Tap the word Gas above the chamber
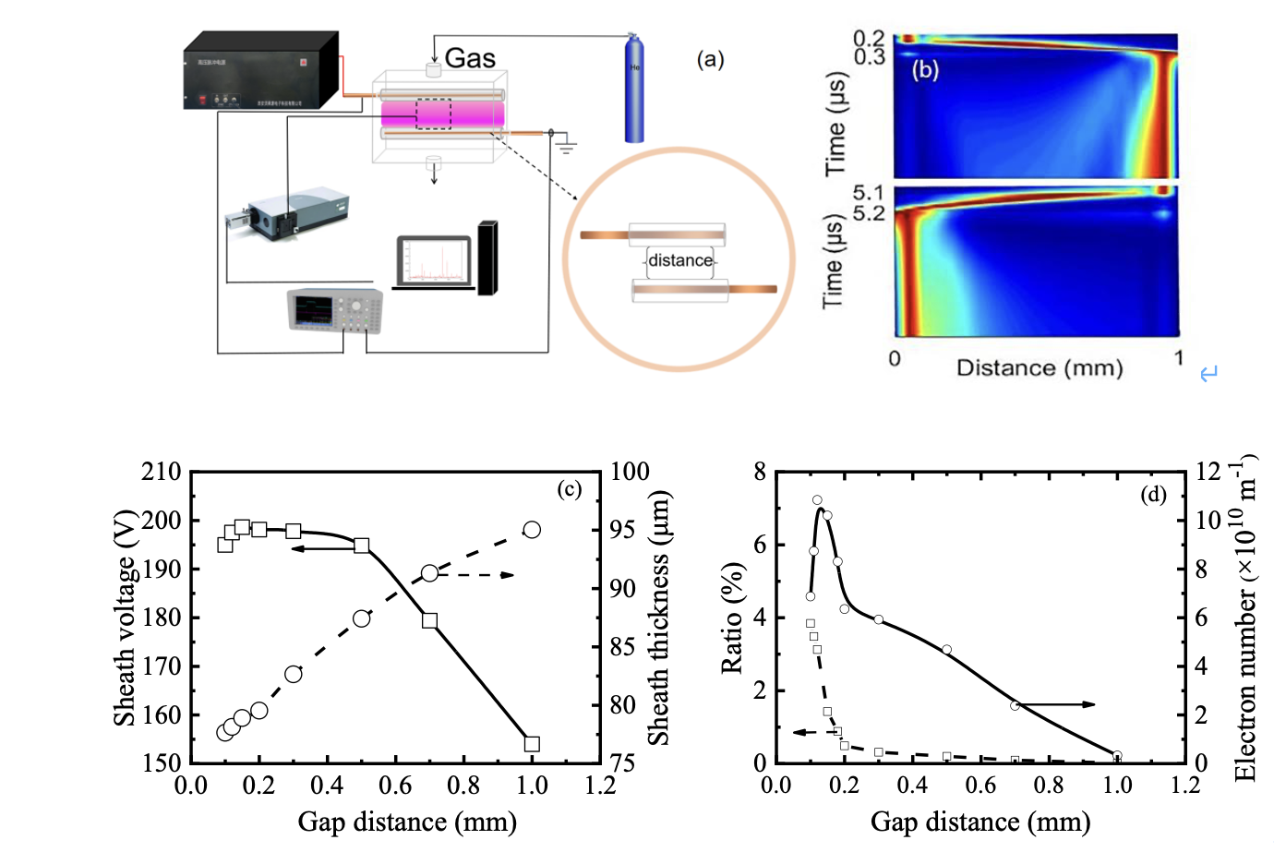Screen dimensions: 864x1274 pos(470,58)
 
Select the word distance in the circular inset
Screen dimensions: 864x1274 pos(680,260)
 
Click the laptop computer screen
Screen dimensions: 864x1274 pos(435,262)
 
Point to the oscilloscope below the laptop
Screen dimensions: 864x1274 pos(334,311)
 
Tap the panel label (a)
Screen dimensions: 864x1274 pos(710,60)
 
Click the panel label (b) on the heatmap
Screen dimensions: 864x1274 pos(925,69)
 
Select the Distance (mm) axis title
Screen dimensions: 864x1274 pos(1040,367)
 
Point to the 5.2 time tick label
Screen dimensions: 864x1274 pos(868,213)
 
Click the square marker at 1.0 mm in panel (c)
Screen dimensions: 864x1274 pos(532,744)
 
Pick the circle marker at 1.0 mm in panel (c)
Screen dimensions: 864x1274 pos(532,530)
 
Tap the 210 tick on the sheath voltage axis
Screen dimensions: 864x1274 pos(161,472)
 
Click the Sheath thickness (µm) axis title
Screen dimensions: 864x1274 pos(658,617)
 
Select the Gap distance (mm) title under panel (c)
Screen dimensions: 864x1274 pos(407,822)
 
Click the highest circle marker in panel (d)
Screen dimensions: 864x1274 pos(817,500)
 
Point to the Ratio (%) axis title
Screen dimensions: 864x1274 pos(732,617)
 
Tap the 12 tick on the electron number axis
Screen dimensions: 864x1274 pos(1208,472)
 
